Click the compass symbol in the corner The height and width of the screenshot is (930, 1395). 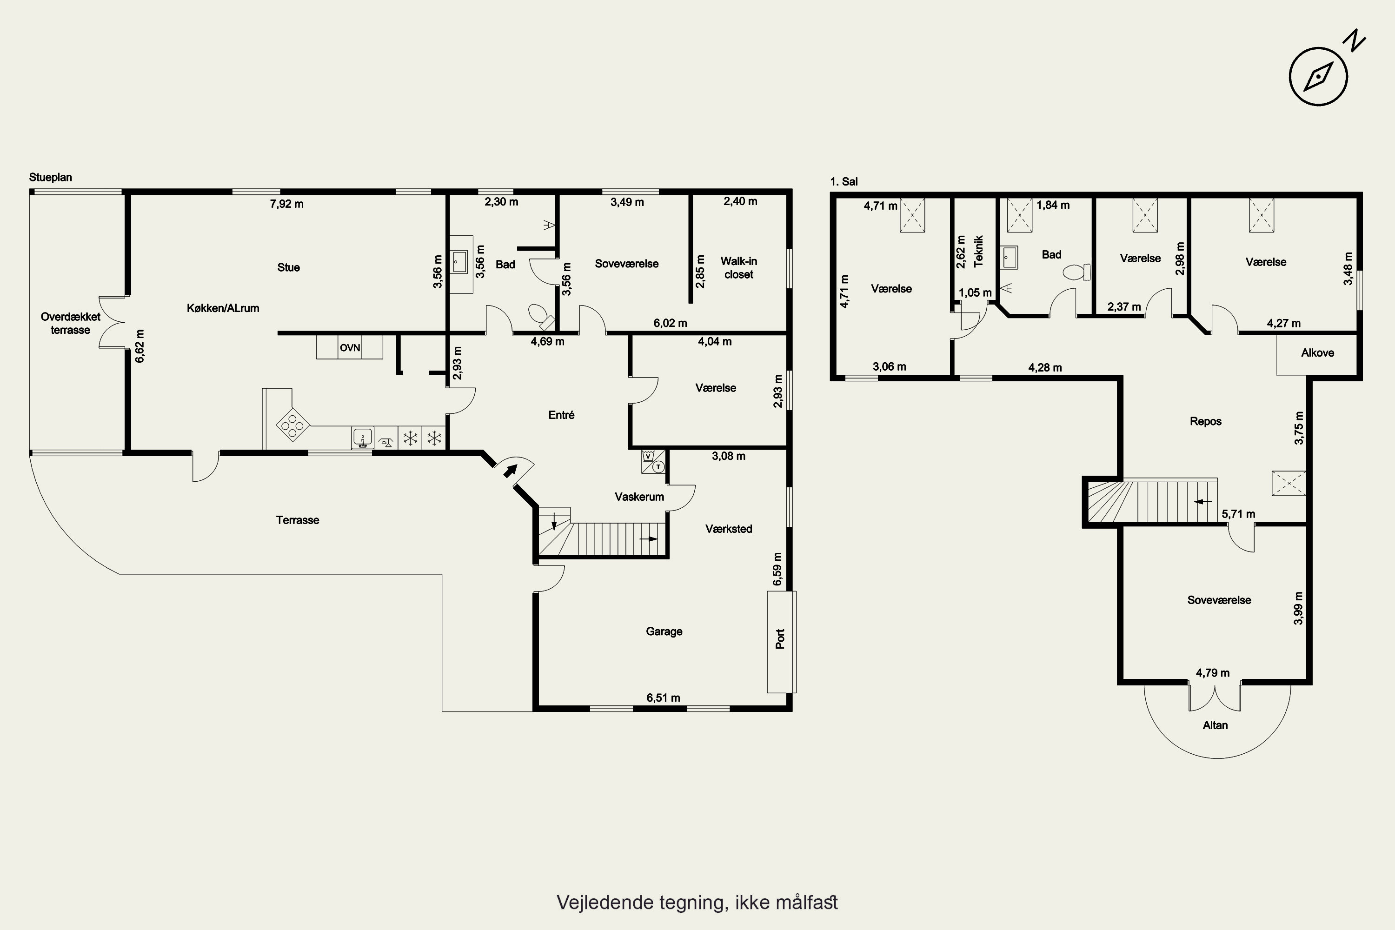[x=1318, y=77]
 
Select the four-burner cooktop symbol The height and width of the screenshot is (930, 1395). [x=292, y=425]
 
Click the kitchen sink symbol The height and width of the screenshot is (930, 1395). [x=362, y=437]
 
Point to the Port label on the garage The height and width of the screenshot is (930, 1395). [x=780, y=639]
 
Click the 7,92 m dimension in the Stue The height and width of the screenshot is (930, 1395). [x=286, y=204]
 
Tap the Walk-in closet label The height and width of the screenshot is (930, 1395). [x=738, y=267]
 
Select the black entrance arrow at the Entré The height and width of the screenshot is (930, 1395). [x=510, y=470]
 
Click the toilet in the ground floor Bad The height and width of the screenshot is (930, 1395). [x=541, y=317]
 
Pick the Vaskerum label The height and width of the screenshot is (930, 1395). [x=639, y=497]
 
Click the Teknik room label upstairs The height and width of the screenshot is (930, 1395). [x=979, y=251]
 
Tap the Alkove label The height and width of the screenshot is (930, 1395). [x=1317, y=353]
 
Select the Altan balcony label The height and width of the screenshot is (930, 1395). [x=1216, y=725]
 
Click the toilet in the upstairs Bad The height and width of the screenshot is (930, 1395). [x=1076, y=272]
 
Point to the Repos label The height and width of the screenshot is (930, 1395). [x=1206, y=422]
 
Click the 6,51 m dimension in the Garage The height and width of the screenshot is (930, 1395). [x=663, y=698]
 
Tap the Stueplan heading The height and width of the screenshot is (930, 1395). [x=50, y=177]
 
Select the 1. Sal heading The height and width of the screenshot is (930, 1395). [x=844, y=181]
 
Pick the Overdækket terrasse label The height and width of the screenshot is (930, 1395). [x=71, y=323]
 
